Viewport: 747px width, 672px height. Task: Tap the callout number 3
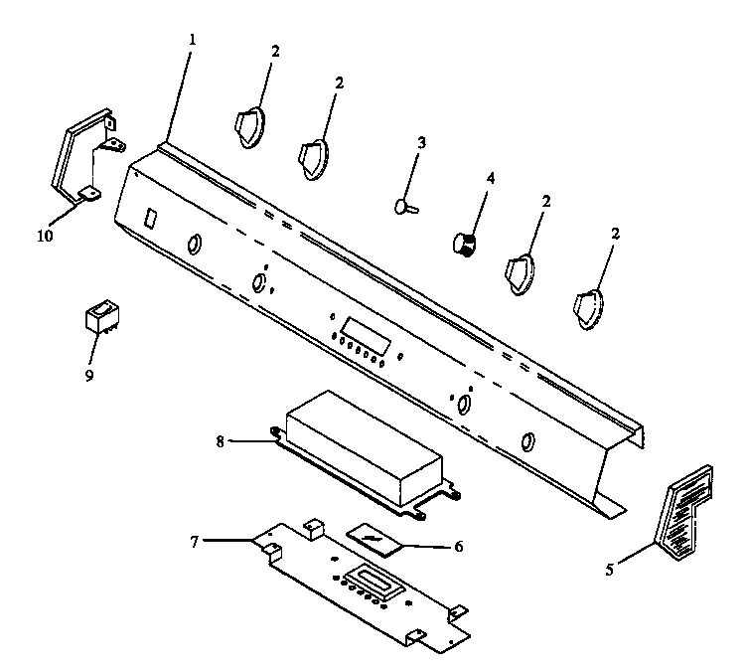(421, 143)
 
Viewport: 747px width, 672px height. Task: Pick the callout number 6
(458, 546)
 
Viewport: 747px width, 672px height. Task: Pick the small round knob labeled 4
(463, 242)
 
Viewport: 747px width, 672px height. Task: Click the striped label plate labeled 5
(688, 507)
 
